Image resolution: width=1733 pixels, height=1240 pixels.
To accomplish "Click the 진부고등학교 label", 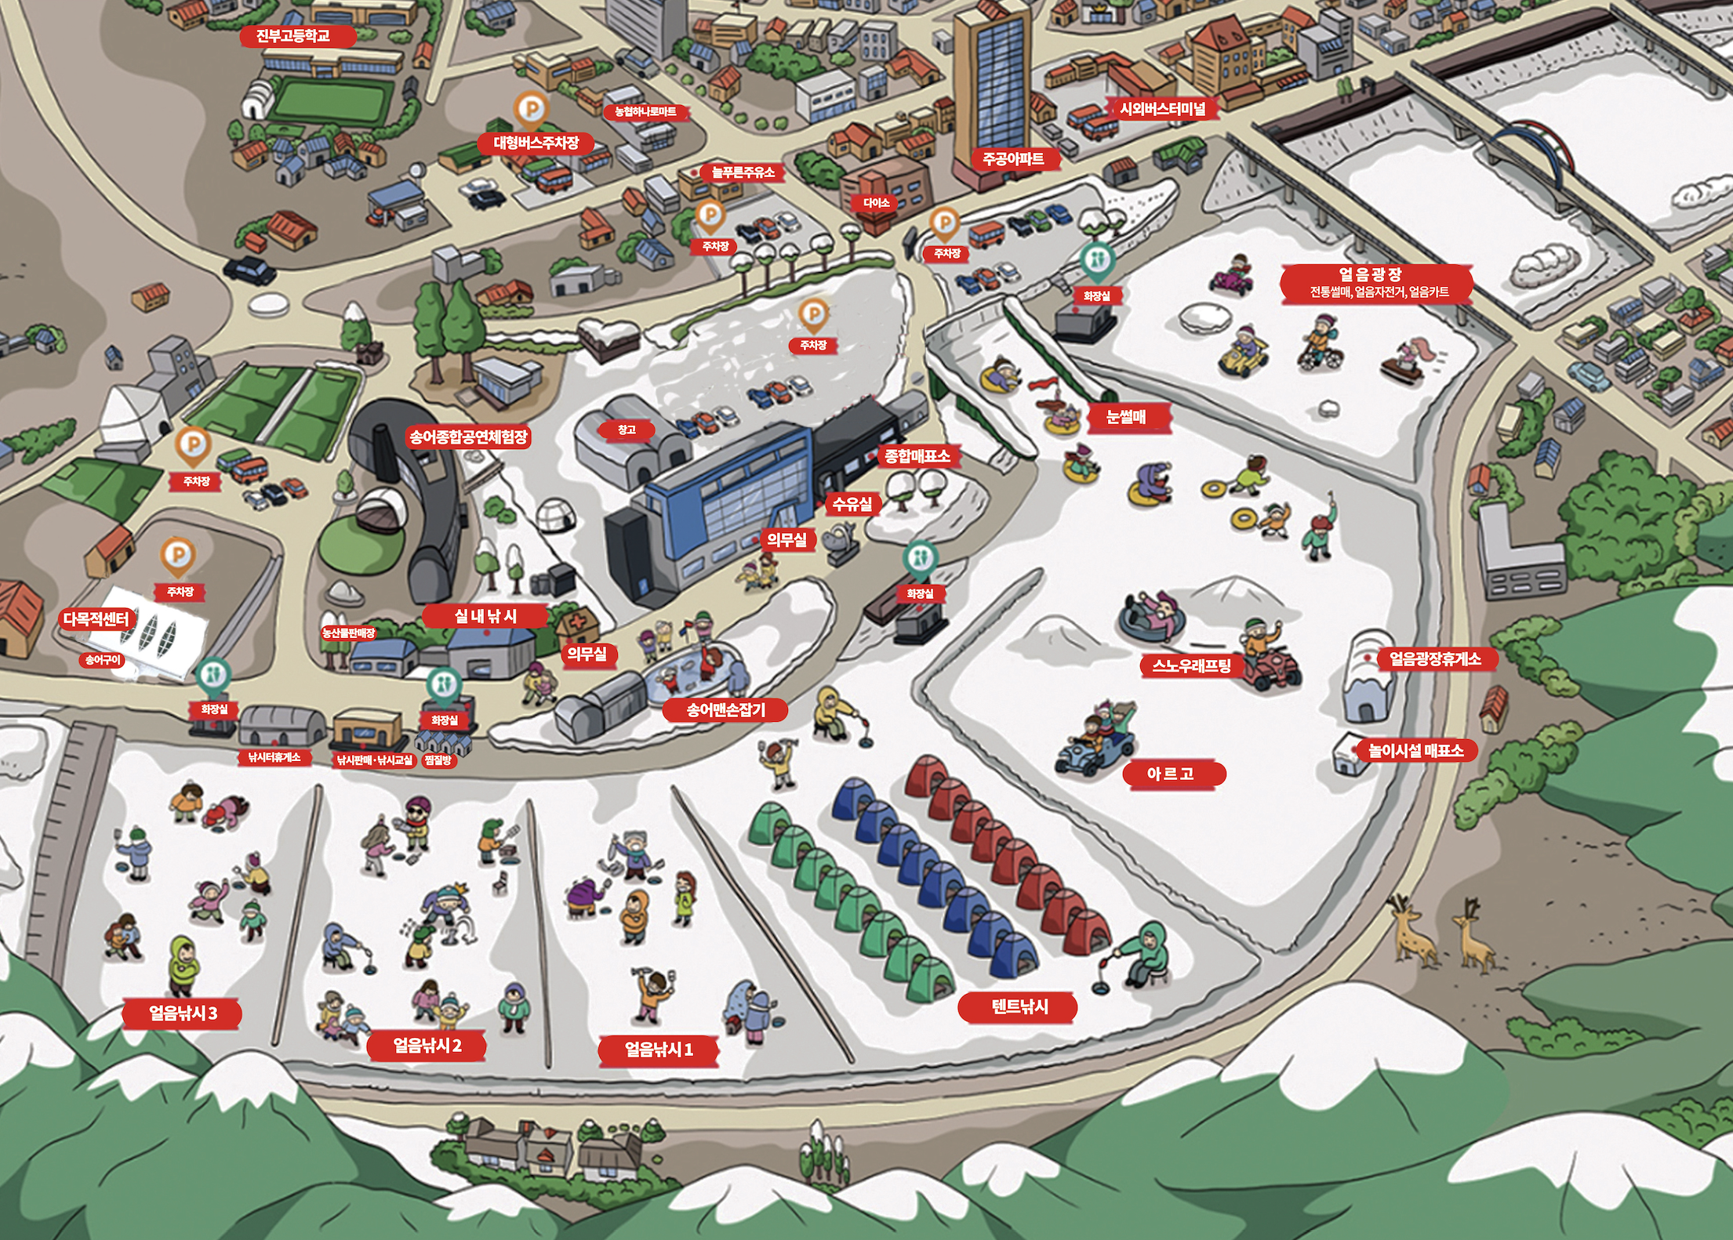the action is [293, 35].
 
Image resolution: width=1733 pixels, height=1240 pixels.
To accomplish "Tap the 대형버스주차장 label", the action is [536, 143].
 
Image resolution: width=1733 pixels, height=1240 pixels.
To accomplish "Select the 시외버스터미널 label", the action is [1162, 109].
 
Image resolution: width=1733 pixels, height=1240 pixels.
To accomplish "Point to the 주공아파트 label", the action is [1013, 159].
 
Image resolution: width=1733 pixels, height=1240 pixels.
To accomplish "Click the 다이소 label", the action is [876, 203].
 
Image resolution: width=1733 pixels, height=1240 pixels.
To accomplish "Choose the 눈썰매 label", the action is [1126, 417].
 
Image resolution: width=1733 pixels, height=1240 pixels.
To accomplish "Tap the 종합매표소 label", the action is [917, 455].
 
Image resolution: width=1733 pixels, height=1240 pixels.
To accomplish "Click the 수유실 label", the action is [852, 504].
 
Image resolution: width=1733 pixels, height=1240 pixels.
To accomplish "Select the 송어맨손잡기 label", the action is [725, 710].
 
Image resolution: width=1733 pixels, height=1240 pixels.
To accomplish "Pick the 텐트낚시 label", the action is [1019, 1006].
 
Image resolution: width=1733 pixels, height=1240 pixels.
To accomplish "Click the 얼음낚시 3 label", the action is [183, 1013].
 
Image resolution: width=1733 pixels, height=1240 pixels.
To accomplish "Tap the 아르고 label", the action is [1170, 774].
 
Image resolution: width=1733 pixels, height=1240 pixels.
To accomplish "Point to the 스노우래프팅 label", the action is [1191, 666].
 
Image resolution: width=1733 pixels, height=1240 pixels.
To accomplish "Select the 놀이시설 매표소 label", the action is [1415, 750].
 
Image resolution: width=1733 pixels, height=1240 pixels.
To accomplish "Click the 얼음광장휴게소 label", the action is [1435, 658].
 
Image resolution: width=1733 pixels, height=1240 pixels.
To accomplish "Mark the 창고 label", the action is [626, 430].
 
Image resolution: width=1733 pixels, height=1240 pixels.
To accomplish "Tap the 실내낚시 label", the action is [485, 616].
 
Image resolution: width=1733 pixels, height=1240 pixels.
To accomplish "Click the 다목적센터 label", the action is [96, 619].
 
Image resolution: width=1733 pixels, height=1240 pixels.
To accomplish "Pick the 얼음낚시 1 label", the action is [659, 1050].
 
